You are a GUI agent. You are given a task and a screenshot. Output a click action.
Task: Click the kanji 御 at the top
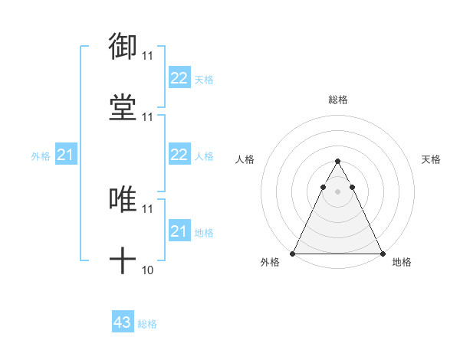tap(123, 46)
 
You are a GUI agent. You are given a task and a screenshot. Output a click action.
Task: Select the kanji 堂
tap(123, 108)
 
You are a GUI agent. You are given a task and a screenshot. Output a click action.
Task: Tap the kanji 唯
tap(123, 200)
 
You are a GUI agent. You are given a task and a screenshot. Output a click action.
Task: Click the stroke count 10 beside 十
tap(147, 270)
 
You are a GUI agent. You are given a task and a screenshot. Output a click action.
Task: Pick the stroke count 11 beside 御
tap(147, 55)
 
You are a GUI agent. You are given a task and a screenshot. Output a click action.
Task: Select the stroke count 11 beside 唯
tap(147, 208)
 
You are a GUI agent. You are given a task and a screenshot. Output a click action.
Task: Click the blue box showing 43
tap(123, 322)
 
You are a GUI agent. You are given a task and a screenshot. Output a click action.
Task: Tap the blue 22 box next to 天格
tap(179, 78)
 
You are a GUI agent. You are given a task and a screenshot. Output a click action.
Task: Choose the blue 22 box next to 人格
tap(179, 155)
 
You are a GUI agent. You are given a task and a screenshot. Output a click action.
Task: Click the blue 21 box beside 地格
tap(179, 231)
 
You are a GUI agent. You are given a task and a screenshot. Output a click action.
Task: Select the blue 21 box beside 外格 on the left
tap(66, 155)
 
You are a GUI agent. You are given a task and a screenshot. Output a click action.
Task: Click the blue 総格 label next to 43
tap(147, 324)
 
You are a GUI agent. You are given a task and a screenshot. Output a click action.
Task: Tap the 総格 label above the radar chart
tap(337, 100)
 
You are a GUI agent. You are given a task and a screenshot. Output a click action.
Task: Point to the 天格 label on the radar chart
tap(431, 159)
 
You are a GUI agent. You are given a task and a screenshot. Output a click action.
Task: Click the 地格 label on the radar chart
tap(402, 263)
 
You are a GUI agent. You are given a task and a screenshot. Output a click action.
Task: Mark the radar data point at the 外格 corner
tap(293, 253)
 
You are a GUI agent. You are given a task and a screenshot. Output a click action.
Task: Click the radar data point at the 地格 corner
tap(382, 253)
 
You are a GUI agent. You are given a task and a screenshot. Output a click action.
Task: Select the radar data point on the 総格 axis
tap(337, 162)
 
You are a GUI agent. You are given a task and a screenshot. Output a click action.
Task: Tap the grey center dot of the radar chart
tap(337, 191)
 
